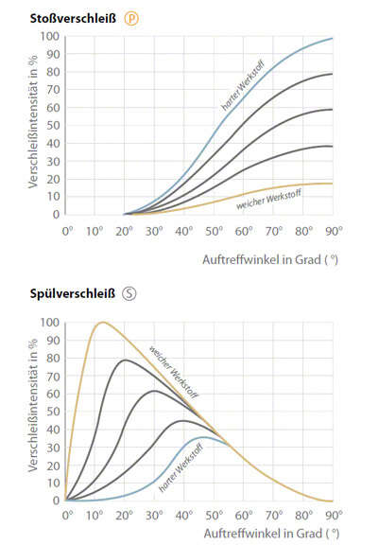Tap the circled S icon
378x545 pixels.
(x=129, y=292)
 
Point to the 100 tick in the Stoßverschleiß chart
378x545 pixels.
(x=50, y=37)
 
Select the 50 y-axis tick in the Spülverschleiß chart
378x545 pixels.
(x=53, y=412)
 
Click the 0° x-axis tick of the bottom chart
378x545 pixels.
(x=67, y=517)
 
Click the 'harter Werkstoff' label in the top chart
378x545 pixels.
(x=239, y=92)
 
